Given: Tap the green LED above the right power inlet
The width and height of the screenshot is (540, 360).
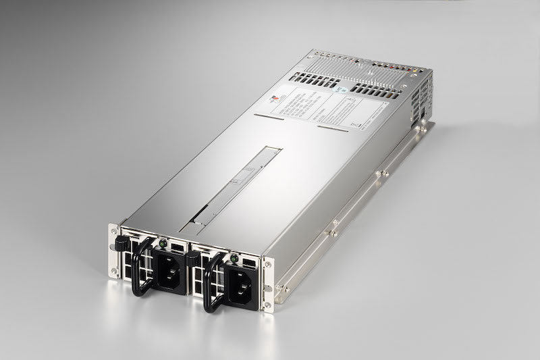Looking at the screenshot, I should point(234,257).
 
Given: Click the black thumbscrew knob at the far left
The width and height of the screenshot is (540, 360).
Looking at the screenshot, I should point(121,240).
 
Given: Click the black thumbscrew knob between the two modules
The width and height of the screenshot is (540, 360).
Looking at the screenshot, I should point(194,257).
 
